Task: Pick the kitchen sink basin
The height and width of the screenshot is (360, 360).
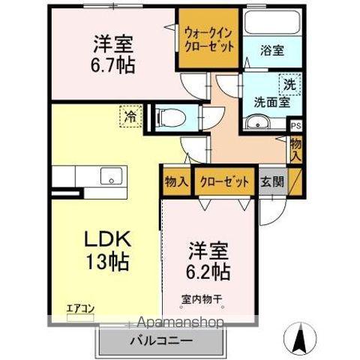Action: pyautogui.click(x=111, y=177)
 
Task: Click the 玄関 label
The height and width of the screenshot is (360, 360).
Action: pyautogui.click(x=271, y=181)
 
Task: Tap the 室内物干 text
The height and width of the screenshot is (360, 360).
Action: pyautogui.click(x=202, y=298)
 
